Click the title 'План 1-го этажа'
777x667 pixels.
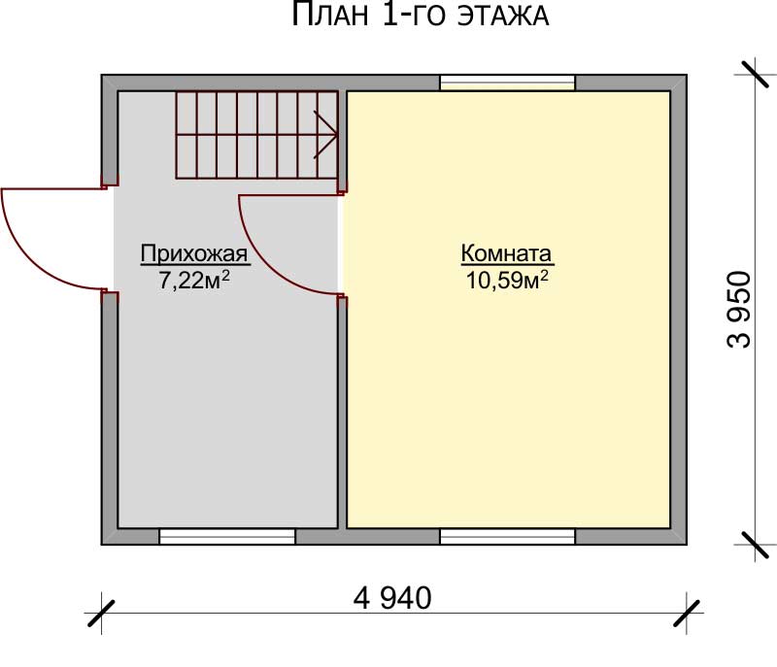coord(420,15)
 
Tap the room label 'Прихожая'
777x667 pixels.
coord(193,253)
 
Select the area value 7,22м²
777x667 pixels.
coord(193,281)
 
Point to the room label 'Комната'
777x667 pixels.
coord(506,253)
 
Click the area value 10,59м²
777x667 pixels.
coord(507,281)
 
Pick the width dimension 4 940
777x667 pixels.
coord(392,598)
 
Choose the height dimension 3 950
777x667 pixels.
coord(739,310)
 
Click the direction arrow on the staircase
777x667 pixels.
coord(325,135)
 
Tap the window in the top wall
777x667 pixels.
coord(507,83)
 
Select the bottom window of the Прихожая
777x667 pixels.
coord(227,536)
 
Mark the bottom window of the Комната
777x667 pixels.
coord(507,536)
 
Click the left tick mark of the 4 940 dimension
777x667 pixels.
coord(101,614)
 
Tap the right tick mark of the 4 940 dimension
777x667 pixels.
coord(687,614)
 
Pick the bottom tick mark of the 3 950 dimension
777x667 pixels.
coord(755,545)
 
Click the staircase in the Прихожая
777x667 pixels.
coord(256,135)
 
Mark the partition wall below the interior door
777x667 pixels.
coord(342,413)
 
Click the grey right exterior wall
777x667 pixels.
coord(679,310)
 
